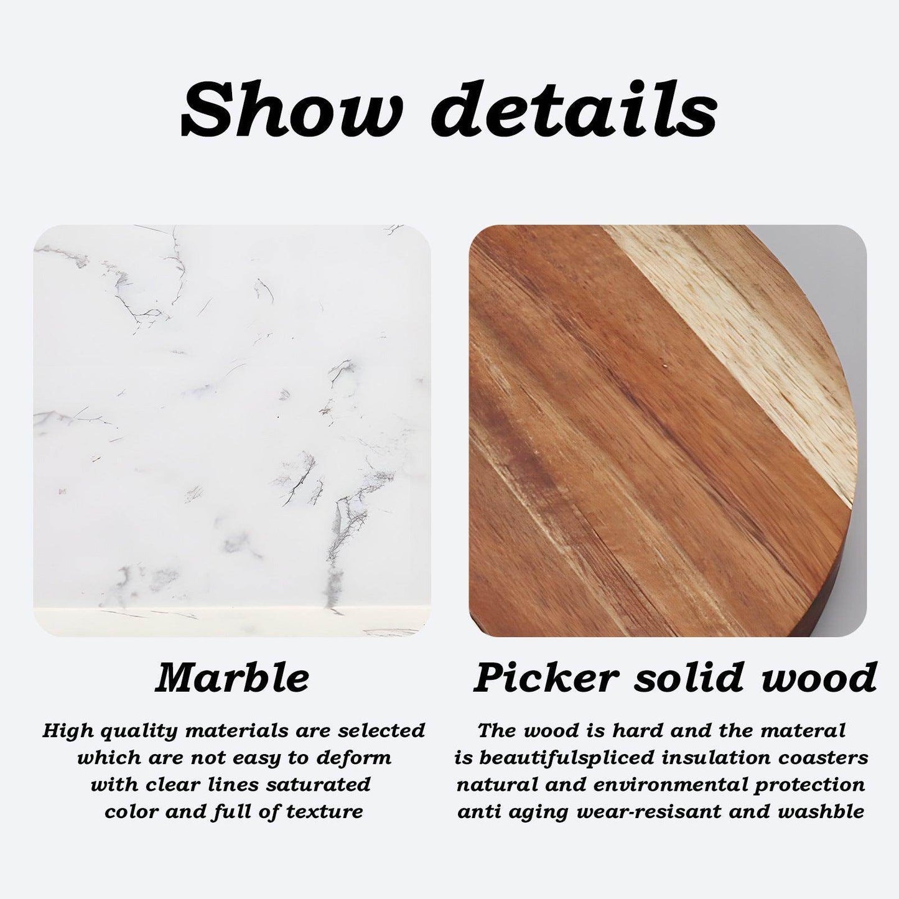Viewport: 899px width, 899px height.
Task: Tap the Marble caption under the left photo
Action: coord(231,678)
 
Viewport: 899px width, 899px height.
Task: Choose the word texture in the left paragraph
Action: coord(324,812)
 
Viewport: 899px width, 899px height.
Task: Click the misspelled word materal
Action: coord(803,730)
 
